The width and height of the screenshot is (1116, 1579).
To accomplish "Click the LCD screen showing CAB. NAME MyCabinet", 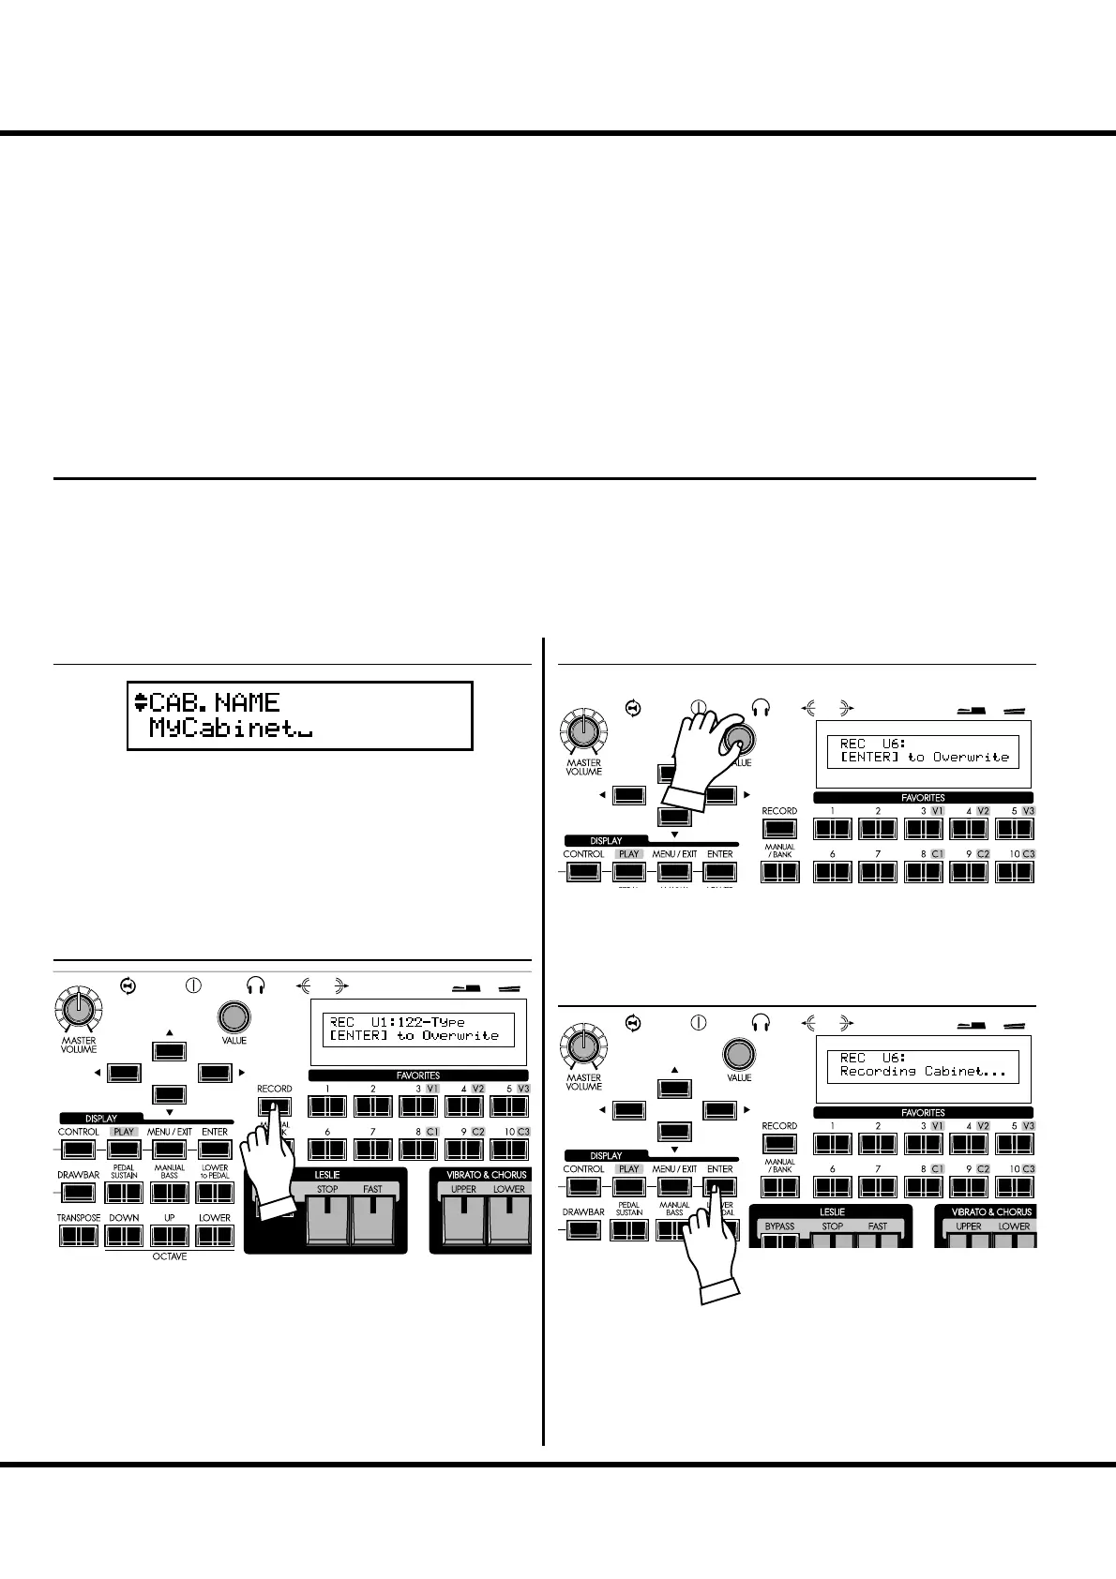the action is pos(299,715).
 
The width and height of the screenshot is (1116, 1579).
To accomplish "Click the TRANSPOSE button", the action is pos(79,1236).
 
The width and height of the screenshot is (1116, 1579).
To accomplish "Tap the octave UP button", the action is pos(170,1236).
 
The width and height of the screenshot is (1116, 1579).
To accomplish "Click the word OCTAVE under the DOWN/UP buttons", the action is pos(170,1256).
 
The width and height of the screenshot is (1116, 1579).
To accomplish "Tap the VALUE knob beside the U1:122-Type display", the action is pos(234,1017).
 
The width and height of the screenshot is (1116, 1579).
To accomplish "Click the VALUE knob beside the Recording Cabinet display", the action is pos(739,1055).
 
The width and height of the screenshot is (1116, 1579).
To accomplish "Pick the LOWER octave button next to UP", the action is pos(215,1236).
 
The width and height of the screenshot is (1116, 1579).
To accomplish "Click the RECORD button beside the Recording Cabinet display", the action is pos(779,1144).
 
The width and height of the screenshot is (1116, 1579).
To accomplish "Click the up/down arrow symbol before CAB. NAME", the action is pos(141,702).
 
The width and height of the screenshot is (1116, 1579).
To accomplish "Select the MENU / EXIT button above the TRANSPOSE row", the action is pos(170,1150).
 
